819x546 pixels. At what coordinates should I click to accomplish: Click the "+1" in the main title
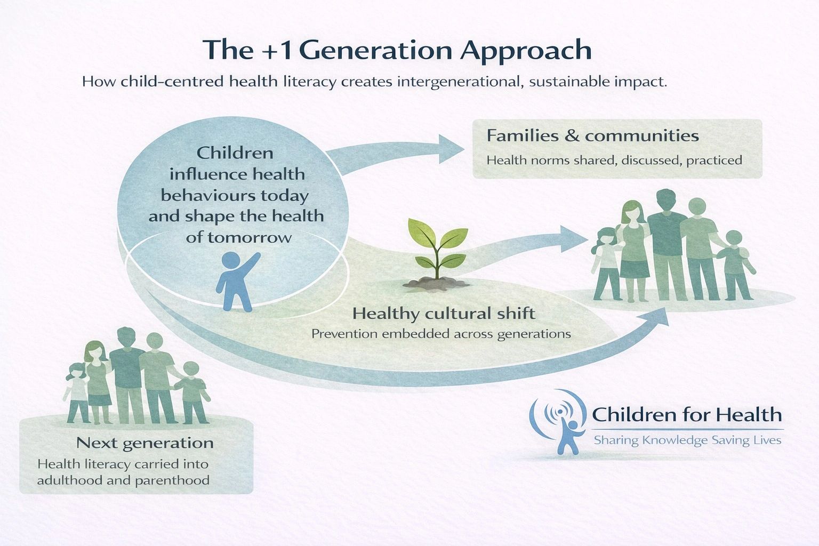pos(277,51)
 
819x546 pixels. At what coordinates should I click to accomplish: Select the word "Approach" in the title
pos(526,51)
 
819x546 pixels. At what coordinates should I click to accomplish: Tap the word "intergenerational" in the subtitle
pos(459,82)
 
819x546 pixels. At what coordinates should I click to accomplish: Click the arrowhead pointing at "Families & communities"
pos(451,149)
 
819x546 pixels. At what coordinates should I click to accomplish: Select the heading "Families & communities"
pos(593,135)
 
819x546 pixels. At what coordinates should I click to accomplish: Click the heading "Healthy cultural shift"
pos(444,314)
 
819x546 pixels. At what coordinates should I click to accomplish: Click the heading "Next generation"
pos(145,443)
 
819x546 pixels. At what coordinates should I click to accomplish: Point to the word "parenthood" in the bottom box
pos(172,480)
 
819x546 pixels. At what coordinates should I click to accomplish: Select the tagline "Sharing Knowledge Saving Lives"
pos(687,440)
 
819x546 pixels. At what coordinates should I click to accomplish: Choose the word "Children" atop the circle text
pos(235,153)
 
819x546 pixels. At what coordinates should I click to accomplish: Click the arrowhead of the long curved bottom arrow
pos(656,317)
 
